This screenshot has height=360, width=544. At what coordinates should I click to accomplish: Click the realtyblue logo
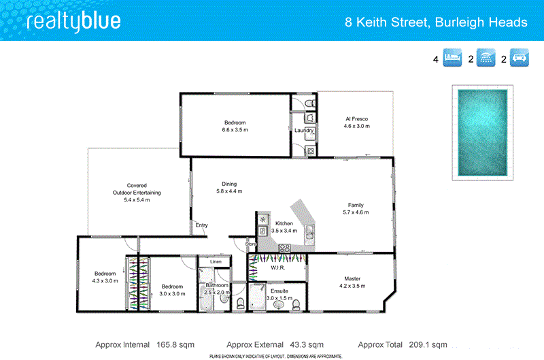(x=73, y=21)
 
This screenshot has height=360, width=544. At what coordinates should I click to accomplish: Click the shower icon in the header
(x=487, y=59)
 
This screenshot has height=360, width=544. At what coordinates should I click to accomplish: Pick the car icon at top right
(x=521, y=59)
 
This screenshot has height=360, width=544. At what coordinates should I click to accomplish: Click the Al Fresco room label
(x=356, y=118)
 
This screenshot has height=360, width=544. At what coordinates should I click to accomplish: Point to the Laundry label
(x=303, y=131)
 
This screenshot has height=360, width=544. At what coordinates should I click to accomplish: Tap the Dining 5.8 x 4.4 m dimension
(x=229, y=191)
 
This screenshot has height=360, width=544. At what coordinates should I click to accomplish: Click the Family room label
(x=356, y=205)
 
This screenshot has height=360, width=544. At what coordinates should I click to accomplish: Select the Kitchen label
(x=284, y=223)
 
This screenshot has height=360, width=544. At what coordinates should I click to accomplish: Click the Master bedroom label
(x=352, y=278)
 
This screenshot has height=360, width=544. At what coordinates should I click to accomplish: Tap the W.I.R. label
(x=277, y=267)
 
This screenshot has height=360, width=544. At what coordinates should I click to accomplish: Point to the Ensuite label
(x=279, y=291)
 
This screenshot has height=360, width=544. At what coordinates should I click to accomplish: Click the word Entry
(x=202, y=225)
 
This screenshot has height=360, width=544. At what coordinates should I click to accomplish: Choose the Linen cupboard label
(x=216, y=261)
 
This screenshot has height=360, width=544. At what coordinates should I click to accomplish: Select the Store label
(x=250, y=243)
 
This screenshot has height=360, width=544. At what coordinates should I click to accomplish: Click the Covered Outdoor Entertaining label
(x=137, y=189)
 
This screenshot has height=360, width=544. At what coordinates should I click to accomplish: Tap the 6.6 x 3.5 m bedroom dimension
(x=235, y=130)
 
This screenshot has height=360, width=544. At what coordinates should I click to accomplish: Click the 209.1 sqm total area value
(x=428, y=344)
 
